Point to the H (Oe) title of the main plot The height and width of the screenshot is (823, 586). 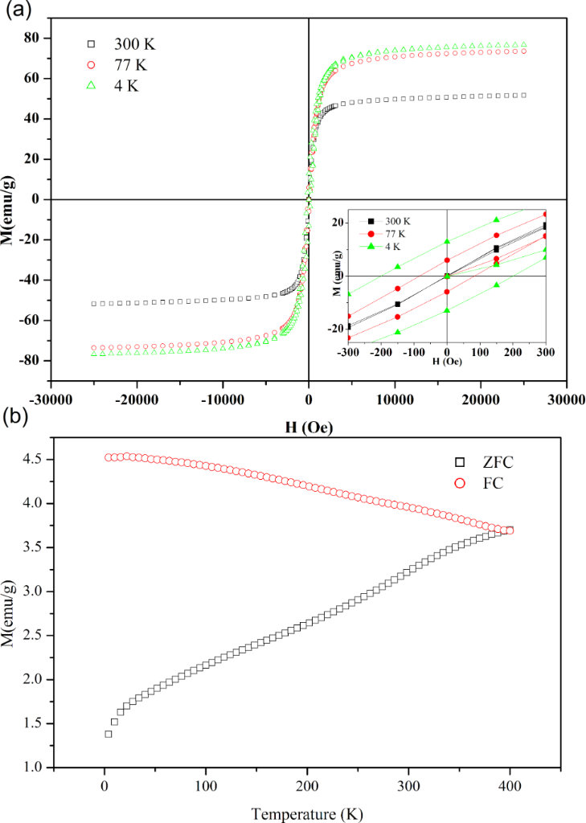tap(309, 427)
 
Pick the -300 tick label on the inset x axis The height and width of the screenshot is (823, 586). tap(347, 352)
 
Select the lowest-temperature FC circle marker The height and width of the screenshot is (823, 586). tap(108, 457)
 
